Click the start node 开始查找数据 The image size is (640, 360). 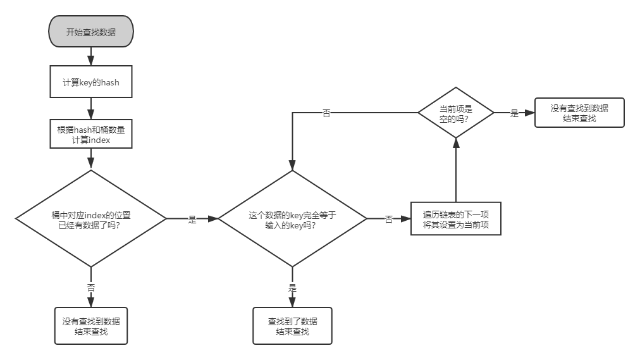(91, 32)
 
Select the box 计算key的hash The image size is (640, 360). (91, 82)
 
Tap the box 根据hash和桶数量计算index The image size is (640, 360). (91, 135)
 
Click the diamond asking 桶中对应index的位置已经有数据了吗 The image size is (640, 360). (91, 219)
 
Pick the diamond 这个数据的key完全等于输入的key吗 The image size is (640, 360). (292, 219)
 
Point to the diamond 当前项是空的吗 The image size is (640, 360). (456, 113)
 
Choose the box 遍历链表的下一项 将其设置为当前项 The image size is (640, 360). (456, 219)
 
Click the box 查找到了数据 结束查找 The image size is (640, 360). (292, 326)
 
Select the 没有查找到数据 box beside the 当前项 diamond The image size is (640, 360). (579, 113)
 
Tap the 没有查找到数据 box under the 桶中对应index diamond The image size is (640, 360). (91, 326)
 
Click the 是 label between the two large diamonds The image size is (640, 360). (192, 219)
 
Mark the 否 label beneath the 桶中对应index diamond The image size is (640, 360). (91, 287)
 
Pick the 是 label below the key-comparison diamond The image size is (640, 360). (292, 287)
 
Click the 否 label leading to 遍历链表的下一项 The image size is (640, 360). (389, 219)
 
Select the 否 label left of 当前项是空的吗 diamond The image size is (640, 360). (326, 113)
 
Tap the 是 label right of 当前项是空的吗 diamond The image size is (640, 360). (514, 113)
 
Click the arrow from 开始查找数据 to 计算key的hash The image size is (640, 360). (91, 56)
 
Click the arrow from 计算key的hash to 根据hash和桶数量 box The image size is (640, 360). (91, 108)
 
